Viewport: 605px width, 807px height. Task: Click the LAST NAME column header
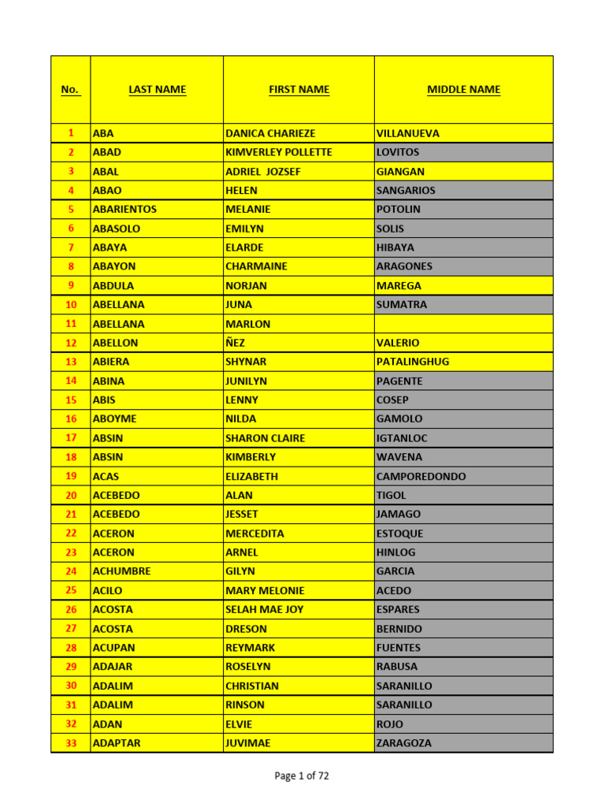point(157,90)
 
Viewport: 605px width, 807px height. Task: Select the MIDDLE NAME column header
point(463,90)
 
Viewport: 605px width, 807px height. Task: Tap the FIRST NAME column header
point(299,90)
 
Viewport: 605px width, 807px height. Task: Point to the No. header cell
point(70,90)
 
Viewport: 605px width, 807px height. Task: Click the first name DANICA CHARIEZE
point(270,133)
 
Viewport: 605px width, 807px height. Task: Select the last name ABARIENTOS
point(124,210)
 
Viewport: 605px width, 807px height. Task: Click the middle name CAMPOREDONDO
point(421,476)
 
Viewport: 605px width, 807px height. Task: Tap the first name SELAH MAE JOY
point(264,609)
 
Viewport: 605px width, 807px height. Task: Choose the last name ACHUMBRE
point(121,571)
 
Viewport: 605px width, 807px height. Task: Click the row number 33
point(71,743)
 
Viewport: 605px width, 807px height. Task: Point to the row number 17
point(71,438)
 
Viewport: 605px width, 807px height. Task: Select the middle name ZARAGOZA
point(404,743)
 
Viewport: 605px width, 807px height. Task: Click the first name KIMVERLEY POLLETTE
point(279,152)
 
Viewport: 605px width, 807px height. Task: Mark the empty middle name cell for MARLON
point(463,324)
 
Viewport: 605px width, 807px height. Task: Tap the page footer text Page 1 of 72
point(302,776)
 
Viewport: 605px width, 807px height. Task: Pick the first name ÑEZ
point(235,343)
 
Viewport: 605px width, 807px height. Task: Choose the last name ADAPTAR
point(117,743)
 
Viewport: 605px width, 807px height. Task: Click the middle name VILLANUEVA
point(408,133)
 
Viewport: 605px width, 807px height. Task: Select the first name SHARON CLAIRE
point(265,438)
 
